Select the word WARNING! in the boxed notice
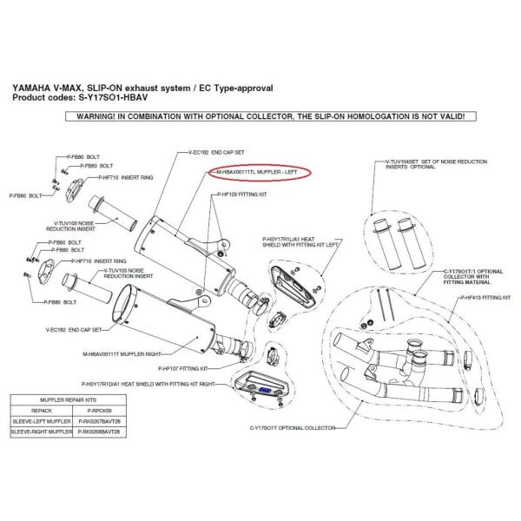(92, 115)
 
